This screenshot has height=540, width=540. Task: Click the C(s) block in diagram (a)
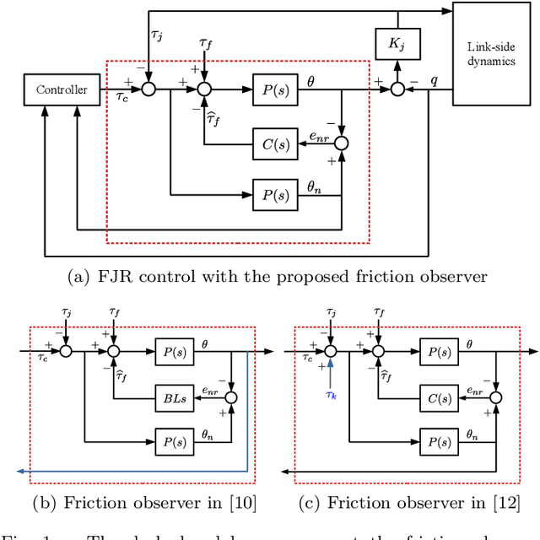point(275,143)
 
